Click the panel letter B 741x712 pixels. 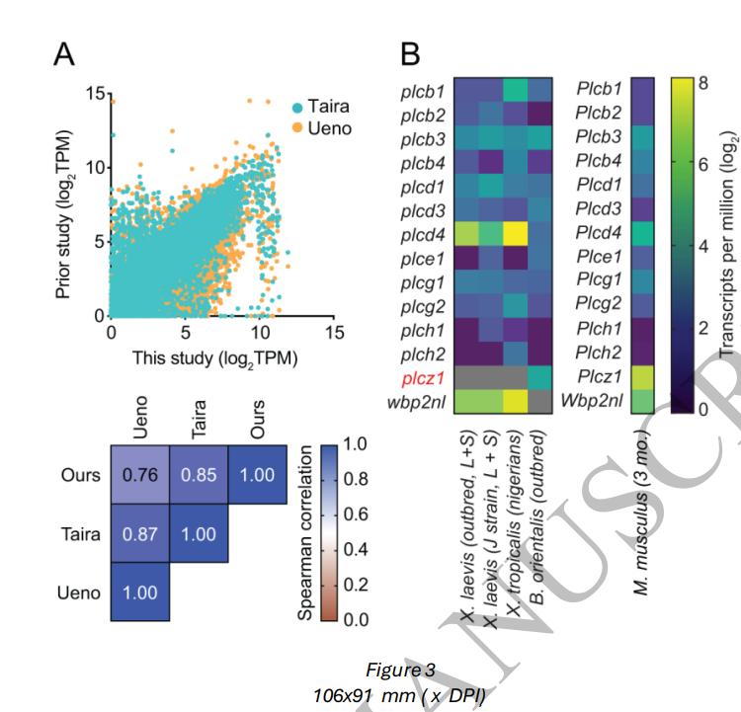[411, 54]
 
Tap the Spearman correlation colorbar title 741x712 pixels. [307, 530]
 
